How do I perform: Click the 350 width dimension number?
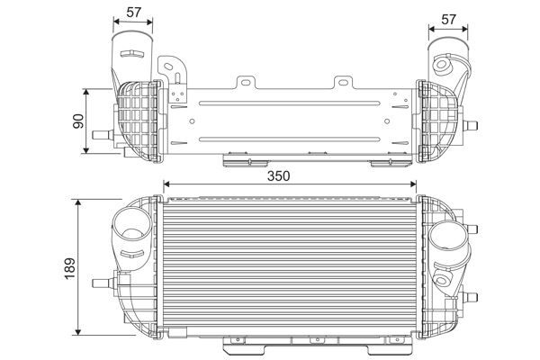279,176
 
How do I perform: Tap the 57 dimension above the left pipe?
133,12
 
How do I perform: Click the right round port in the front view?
446,238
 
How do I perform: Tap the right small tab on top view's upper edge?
342,83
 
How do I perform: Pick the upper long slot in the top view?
288,103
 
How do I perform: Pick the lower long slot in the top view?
288,138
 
